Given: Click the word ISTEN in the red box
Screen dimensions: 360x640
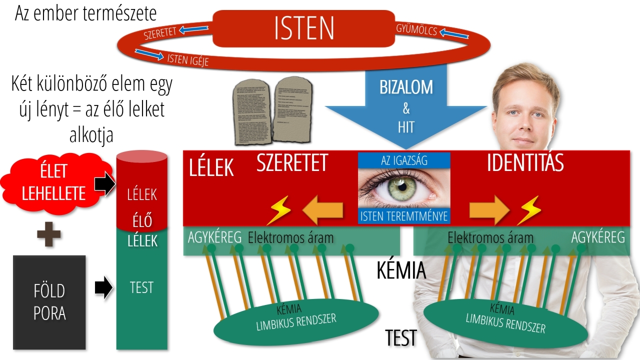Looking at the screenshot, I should coord(304,28).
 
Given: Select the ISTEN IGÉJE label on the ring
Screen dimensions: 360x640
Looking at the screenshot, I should coord(187,59).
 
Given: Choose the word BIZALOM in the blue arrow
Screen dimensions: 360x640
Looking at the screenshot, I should coord(405,87).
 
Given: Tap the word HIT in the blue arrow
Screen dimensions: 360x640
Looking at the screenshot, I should coord(406,127).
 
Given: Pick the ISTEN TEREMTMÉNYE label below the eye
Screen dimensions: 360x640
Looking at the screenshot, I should coord(404,216).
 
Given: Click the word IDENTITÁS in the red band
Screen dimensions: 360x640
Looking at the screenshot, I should coord(525,163).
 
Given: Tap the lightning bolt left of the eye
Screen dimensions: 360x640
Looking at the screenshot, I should coord(278,210).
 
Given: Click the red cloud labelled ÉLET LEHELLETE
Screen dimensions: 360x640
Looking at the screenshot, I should coord(55,183).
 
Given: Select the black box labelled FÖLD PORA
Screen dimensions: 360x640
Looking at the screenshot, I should coord(49,302).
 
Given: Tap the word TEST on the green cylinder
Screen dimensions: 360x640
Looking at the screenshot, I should coord(141,287).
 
